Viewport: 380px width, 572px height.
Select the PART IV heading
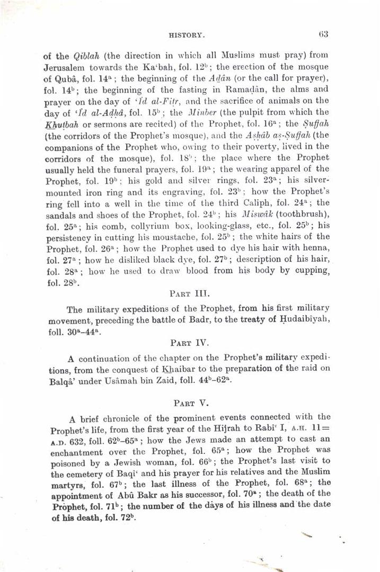click(190, 343)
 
